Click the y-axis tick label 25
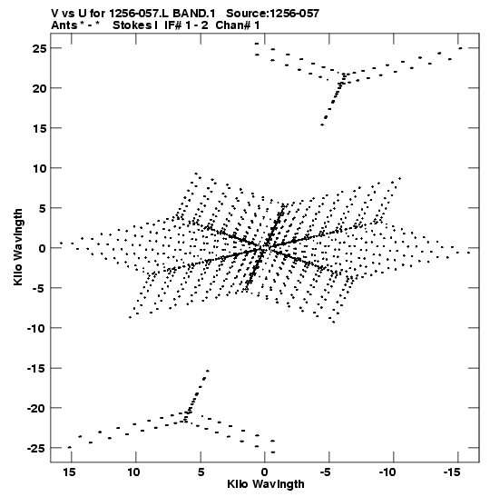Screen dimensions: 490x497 click(x=39, y=48)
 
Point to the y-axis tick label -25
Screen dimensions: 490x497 click(x=36, y=449)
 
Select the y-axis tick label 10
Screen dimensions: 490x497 click(x=39, y=168)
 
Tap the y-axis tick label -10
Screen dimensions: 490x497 click(x=36, y=328)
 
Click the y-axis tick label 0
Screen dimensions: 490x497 click(x=43, y=249)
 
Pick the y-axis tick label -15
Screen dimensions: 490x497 click(x=36, y=369)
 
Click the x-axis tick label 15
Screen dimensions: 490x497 click(x=69, y=472)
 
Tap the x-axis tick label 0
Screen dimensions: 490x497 click(x=265, y=472)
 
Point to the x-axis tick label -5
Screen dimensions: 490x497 click(x=326, y=472)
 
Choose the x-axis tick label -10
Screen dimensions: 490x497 click(x=388, y=472)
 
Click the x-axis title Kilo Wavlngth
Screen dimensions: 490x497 click(x=266, y=484)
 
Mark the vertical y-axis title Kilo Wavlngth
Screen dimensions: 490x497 click(x=18, y=247)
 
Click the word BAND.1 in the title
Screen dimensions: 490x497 click(x=194, y=14)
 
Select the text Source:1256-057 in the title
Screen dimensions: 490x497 click(x=273, y=14)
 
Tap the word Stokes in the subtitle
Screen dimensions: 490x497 click(x=133, y=25)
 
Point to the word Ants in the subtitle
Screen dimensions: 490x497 click(x=64, y=25)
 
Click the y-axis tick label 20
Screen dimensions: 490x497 click(x=39, y=88)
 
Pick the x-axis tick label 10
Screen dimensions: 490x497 click(x=133, y=472)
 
